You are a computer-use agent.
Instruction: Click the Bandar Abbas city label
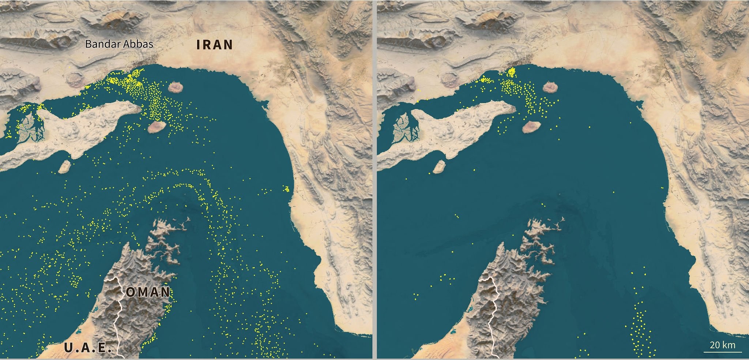click(119, 44)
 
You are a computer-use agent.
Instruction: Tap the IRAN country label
click(215, 45)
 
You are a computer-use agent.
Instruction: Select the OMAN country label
click(148, 292)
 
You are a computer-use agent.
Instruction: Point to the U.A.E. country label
click(88, 348)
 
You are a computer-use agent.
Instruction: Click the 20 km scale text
click(722, 345)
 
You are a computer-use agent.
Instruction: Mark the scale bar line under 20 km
click(722, 352)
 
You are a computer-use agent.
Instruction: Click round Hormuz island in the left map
click(177, 87)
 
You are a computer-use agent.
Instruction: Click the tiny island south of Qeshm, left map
click(64, 166)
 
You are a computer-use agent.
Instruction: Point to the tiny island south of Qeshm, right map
click(439, 166)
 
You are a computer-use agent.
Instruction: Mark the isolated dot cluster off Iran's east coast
click(286, 189)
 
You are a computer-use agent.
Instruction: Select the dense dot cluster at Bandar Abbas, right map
click(511, 72)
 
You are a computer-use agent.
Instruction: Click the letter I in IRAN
click(199, 45)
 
